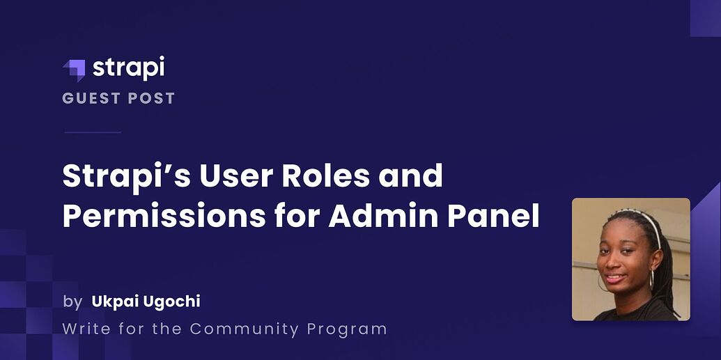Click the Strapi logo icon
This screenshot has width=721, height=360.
click(x=73, y=70)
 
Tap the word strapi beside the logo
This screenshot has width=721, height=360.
click(x=128, y=68)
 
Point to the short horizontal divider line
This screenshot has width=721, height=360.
click(x=92, y=132)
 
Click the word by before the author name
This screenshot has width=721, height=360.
click(x=72, y=302)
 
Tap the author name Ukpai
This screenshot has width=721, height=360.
click(x=114, y=302)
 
